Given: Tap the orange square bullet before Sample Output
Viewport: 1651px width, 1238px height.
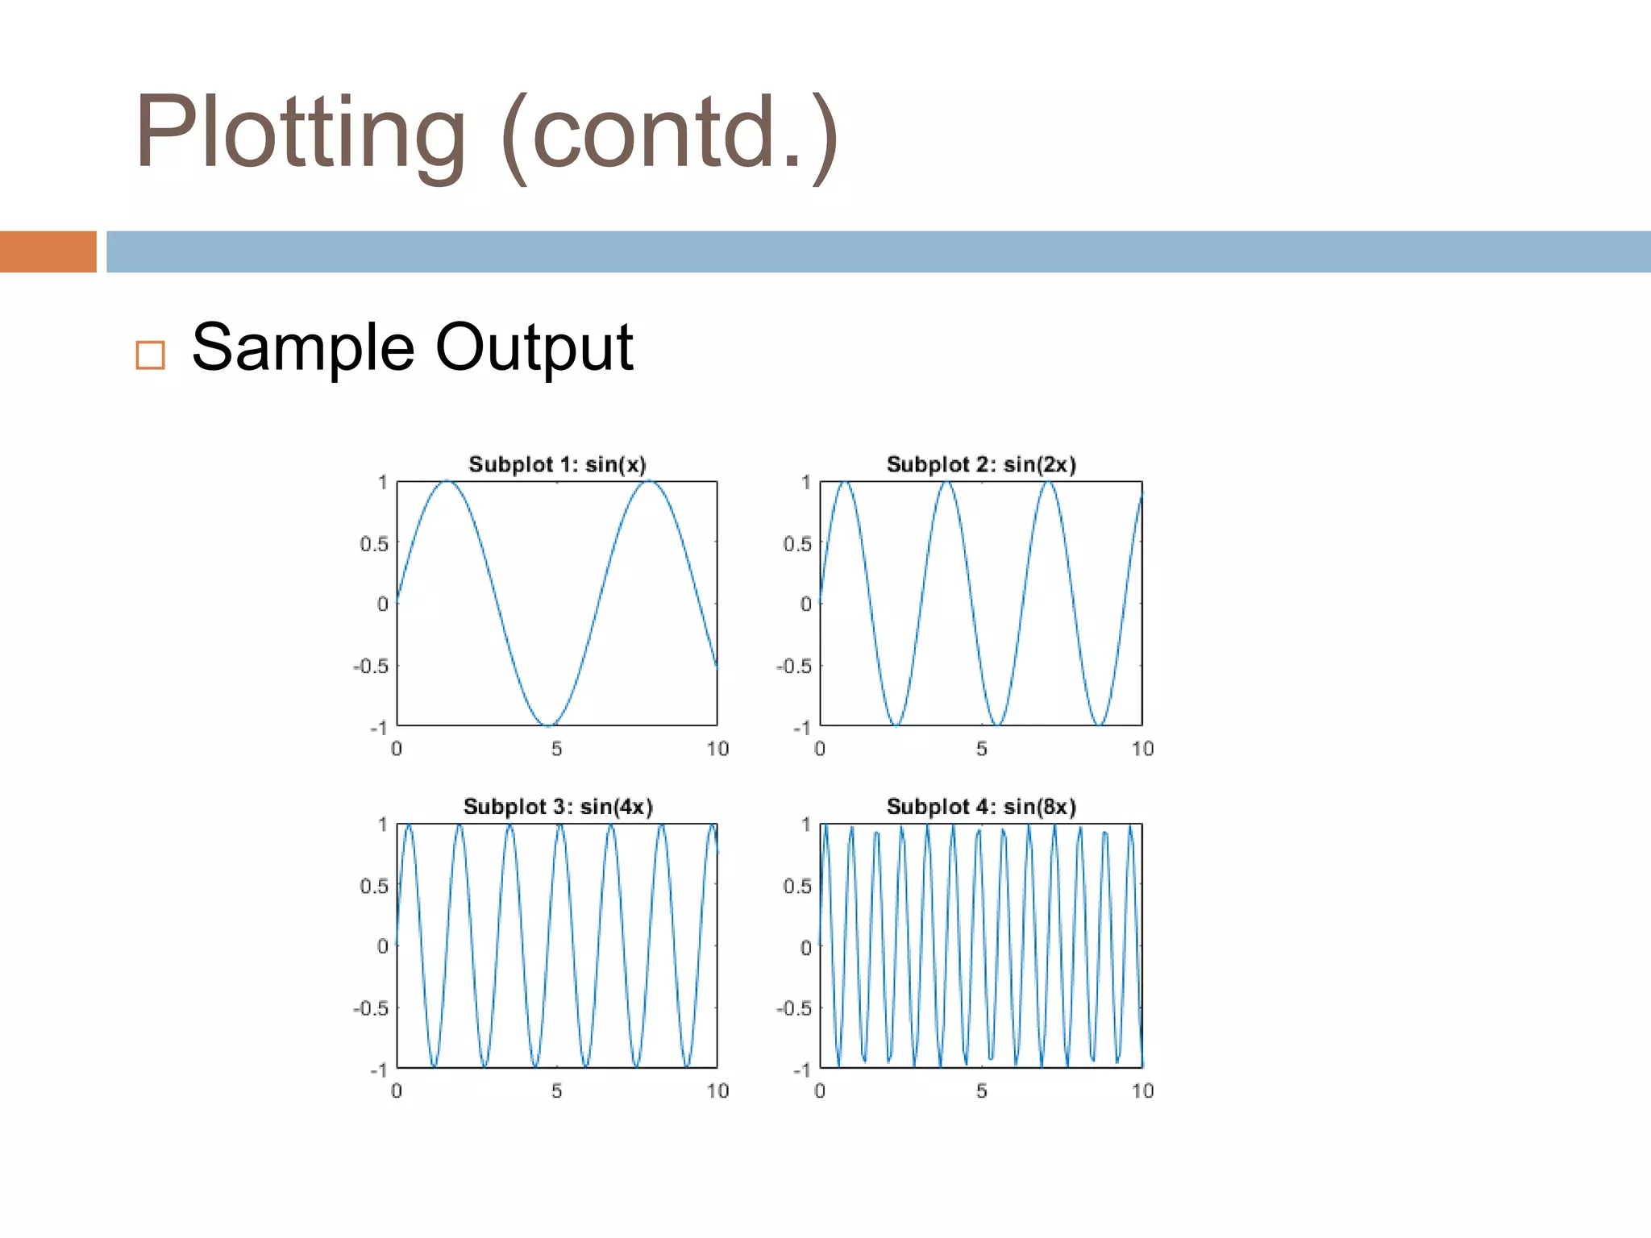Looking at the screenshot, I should click(151, 355).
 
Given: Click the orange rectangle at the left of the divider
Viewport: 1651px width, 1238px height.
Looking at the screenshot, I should click(48, 251).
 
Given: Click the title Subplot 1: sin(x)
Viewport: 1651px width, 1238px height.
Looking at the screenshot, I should click(557, 464).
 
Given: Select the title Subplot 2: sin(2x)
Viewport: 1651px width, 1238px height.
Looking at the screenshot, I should click(981, 464).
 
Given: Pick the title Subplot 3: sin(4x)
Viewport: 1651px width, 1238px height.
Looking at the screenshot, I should click(557, 807).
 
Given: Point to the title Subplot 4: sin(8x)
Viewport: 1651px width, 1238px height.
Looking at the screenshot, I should click(981, 807).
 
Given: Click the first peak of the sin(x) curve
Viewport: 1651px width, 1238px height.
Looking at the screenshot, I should click(447, 482).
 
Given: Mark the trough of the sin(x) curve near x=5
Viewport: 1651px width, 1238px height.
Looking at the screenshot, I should click(547, 725).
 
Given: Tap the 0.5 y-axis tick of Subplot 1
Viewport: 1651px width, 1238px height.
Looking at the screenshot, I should click(374, 544).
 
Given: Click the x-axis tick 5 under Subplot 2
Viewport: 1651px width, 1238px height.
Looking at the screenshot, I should click(981, 749).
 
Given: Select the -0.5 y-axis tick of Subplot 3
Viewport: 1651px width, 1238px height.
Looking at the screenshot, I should click(371, 1008).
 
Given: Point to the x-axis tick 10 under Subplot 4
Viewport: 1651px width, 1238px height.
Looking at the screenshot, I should click(1142, 1091).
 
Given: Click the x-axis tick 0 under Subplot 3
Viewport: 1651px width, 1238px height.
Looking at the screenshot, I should click(397, 1091).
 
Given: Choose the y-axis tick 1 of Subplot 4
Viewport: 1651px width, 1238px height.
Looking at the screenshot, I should click(805, 825).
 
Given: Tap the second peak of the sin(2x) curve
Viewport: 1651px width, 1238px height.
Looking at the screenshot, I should click(947, 482).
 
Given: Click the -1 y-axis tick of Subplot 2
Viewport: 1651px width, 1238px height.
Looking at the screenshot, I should click(802, 728).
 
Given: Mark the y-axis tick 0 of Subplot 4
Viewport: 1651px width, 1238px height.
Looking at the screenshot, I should click(805, 947).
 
